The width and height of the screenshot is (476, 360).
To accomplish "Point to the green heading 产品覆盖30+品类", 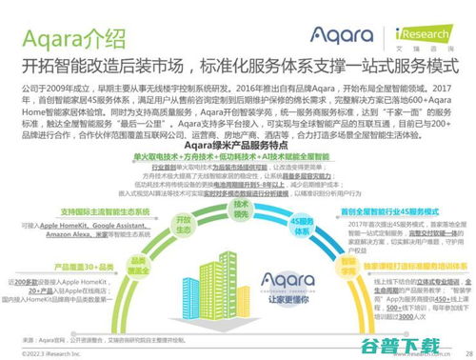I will coord(65,262).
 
